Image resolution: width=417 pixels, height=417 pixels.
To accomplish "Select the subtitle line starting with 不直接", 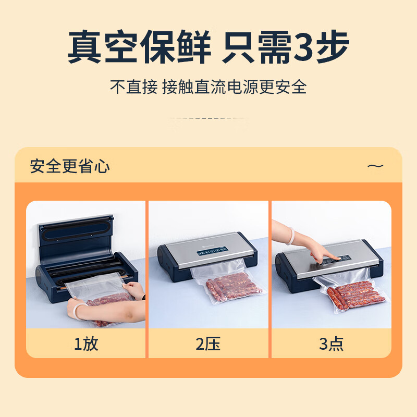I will [208, 87].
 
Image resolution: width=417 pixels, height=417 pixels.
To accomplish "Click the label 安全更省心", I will [70, 166].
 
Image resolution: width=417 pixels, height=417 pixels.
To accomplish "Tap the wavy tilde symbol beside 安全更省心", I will [375, 166].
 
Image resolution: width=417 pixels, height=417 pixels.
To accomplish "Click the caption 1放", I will [85, 344].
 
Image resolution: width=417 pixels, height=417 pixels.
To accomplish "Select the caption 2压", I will [208, 344].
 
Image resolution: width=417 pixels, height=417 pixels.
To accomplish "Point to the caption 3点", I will [331, 344].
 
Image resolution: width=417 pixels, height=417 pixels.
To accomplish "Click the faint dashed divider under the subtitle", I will [208, 118].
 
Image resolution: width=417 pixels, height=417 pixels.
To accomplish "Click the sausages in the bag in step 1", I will [107, 302].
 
